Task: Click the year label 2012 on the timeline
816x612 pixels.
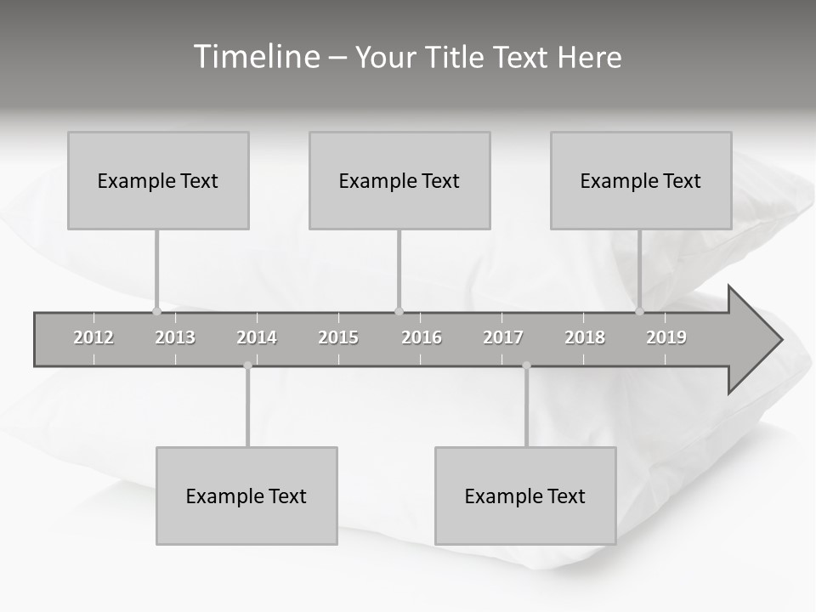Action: tap(93, 337)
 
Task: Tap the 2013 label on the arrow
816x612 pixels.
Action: tap(175, 337)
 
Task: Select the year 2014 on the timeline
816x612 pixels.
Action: tap(257, 337)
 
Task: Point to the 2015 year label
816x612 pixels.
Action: tap(338, 337)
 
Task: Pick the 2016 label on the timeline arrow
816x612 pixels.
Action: tap(422, 337)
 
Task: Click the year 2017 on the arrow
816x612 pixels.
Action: tap(503, 337)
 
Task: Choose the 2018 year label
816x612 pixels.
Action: tap(585, 337)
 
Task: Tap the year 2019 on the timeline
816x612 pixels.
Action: tap(666, 337)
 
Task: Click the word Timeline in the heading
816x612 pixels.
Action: tap(255, 57)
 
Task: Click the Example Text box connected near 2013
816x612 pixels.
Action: tap(158, 180)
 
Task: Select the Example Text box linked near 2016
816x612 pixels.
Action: tap(399, 180)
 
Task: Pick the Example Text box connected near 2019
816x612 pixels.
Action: tap(641, 180)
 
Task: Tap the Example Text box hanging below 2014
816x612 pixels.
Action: tap(246, 496)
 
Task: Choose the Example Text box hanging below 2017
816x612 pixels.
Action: tap(525, 496)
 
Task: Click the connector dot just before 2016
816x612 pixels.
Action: tap(399, 311)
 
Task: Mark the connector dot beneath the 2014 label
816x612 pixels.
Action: tap(247, 365)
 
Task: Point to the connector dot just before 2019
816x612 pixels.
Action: tap(640, 311)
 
